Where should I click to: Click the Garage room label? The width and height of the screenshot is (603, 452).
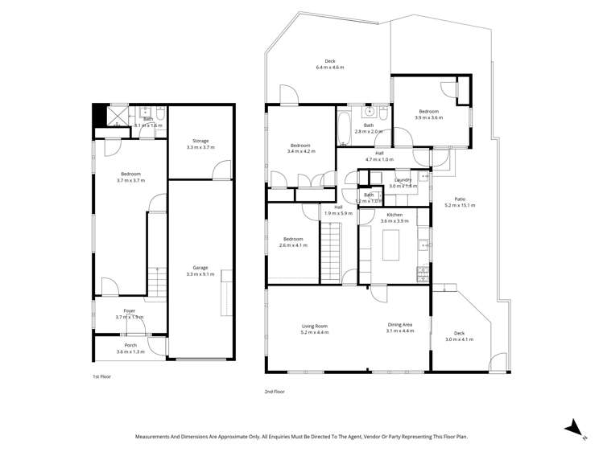(200, 268)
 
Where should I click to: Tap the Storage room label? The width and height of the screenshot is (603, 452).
(200, 141)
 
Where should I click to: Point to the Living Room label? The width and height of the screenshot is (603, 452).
(315, 326)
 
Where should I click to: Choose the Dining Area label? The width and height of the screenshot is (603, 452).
(399, 326)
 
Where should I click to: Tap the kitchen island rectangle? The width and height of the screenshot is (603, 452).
(392, 244)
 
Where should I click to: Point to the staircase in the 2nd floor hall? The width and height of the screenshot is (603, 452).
(331, 253)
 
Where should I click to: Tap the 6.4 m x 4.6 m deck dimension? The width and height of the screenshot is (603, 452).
(330, 68)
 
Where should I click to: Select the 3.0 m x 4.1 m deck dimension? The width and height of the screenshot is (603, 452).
(460, 339)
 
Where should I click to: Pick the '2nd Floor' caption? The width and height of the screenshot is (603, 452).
(275, 392)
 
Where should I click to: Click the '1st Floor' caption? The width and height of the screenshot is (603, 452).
(102, 376)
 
